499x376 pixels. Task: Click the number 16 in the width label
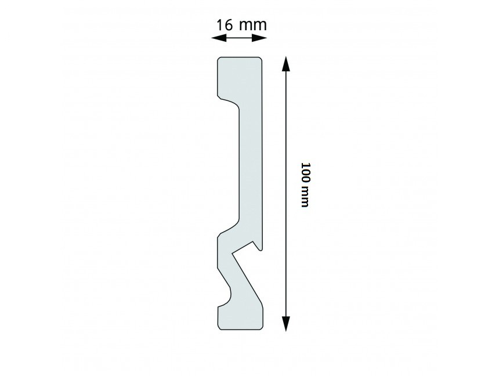[x=225, y=25]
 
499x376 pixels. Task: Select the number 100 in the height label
[x=305, y=172]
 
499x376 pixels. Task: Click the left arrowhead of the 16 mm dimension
[x=219, y=38]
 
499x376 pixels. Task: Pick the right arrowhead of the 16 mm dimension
[x=259, y=38]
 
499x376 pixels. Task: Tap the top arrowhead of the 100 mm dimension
[x=286, y=64]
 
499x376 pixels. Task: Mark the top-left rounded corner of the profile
[x=219, y=59]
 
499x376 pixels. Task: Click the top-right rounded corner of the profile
[x=261, y=59]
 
